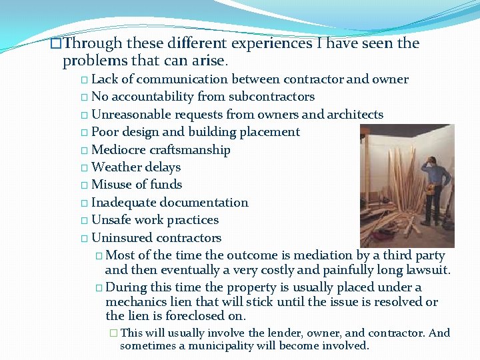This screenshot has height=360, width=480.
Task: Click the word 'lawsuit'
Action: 426,271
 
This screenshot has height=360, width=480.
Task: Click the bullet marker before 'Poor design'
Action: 84,133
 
